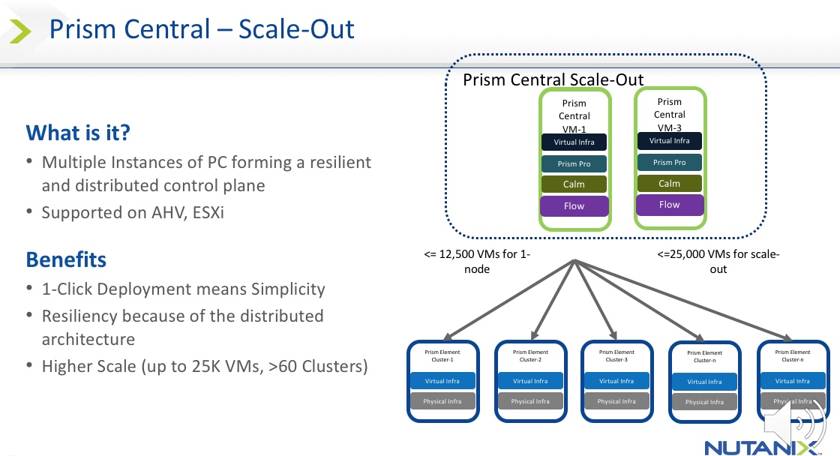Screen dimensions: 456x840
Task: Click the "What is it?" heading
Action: pos(78,133)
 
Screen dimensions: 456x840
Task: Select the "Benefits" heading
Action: pos(66,260)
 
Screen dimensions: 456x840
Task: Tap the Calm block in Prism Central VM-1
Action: pos(574,184)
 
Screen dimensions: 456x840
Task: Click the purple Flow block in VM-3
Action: pos(670,205)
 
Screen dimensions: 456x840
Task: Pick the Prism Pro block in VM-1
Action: pos(574,163)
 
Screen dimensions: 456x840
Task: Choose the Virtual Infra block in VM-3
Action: pos(670,141)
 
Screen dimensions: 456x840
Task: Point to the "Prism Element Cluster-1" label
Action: pos(442,355)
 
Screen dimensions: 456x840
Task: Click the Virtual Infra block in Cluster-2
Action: pos(530,381)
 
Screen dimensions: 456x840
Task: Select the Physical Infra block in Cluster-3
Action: pos(616,401)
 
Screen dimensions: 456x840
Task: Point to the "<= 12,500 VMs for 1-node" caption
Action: pos(477,261)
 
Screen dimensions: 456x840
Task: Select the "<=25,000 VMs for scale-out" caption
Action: pos(718,261)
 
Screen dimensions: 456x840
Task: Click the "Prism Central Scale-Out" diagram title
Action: pos(553,79)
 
